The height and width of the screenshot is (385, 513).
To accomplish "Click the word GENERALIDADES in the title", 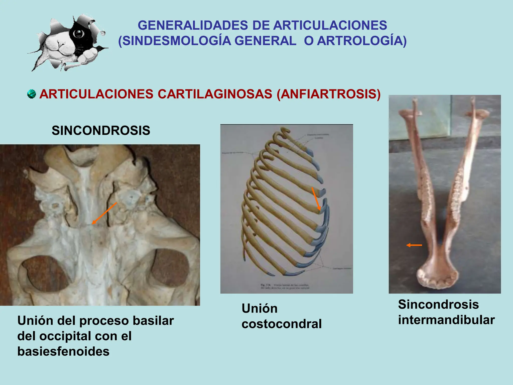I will [193, 25].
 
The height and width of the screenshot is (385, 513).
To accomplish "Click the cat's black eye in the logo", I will [79, 33].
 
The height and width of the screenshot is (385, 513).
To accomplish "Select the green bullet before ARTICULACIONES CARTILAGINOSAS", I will [31, 94].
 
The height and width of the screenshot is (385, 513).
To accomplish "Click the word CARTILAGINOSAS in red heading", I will [215, 94].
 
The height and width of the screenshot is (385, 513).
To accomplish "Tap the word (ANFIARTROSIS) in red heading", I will [329, 94].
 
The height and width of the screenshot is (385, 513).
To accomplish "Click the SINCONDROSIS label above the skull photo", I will [101, 131].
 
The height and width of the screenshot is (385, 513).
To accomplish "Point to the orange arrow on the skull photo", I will [104, 214].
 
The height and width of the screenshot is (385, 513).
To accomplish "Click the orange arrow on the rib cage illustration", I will [316, 199].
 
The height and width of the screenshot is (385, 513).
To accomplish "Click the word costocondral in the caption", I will [282, 324].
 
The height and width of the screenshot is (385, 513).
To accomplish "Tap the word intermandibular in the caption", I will [446, 320].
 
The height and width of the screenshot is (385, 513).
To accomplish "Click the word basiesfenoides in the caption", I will [63, 351].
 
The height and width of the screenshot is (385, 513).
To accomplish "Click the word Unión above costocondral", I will [260, 309].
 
